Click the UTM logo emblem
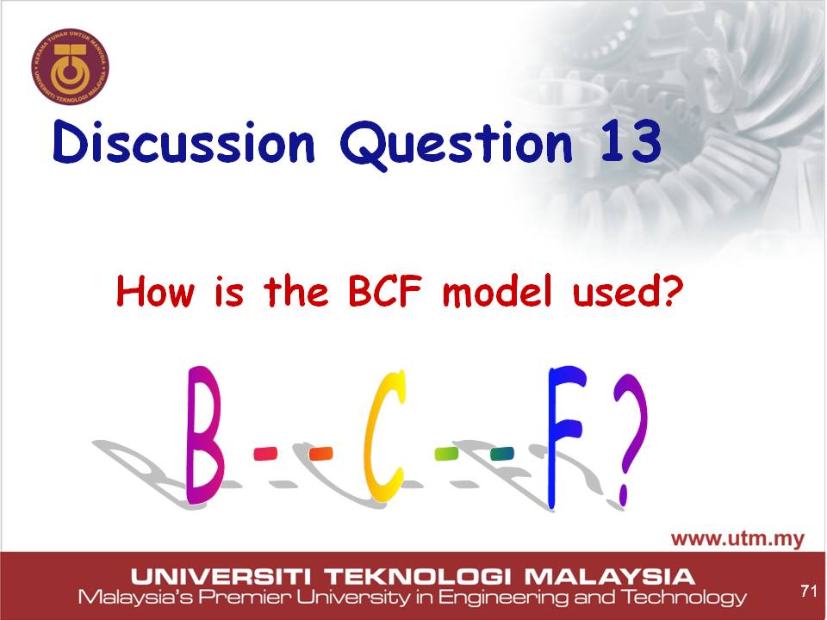point(70,67)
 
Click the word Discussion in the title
point(183,142)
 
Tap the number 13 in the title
point(631,141)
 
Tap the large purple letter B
point(203,435)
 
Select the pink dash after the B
point(265,454)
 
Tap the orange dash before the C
point(320,454)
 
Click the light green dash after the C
point(446,454)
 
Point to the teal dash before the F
point(501,454)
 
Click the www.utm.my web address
point(738,539)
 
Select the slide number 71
point(809,591)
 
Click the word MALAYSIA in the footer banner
point(609,577)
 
